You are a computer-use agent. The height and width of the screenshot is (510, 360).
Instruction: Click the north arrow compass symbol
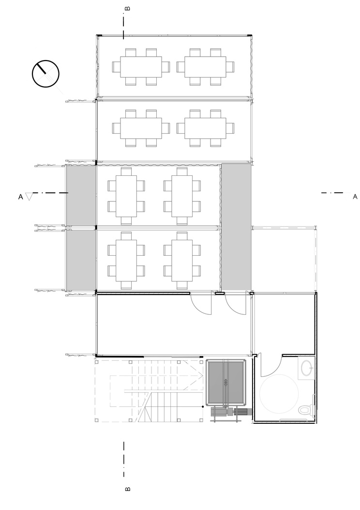tap(45, 74)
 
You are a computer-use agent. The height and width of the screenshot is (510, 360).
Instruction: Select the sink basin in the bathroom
tap(307, 368)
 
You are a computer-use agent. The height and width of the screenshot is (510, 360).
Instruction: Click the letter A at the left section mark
tap(21, 197)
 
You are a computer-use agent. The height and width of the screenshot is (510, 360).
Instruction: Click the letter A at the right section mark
tap(355, 197)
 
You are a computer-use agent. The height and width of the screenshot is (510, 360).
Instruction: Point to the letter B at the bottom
tap(128, 489)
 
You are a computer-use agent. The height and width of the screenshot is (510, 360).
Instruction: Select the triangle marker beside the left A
tap(29, 196)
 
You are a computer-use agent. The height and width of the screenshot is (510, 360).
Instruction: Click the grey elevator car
tap(226, 383)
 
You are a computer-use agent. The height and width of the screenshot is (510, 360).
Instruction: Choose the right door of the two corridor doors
tap(235, 304)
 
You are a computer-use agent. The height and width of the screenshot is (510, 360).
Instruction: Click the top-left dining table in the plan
tap(141, 67)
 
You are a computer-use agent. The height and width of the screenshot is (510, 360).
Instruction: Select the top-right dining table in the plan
tap(205, 67)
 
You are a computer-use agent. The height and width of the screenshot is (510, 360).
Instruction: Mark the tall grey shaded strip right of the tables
tap(236, 227)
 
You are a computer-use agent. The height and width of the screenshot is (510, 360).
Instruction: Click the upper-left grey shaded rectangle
tap(81, 195)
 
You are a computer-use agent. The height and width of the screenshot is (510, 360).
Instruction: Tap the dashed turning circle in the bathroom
tap(279, 394)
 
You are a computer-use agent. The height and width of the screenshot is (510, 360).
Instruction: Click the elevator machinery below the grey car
tap(231, 413)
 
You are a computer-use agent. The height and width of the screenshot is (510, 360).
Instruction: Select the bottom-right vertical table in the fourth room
tap(182, 261)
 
